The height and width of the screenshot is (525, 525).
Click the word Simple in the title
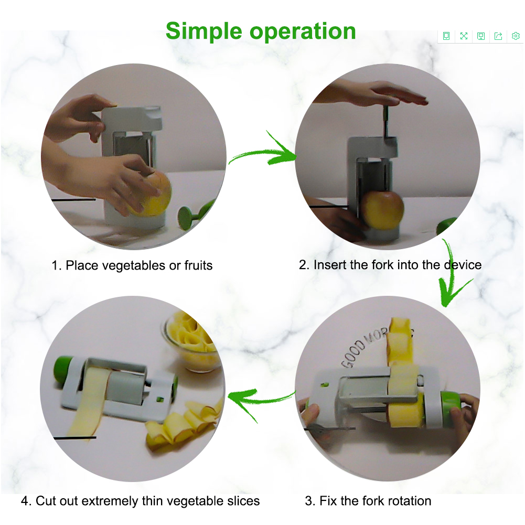pos(203,31)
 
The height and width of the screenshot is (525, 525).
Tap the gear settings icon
pos(516,36)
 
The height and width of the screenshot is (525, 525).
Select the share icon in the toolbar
pos(498,36)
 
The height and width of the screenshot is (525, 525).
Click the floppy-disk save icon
pos(481,36)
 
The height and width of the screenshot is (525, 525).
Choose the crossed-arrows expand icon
pos(464,36)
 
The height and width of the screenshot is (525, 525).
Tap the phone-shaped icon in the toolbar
pos(446,36)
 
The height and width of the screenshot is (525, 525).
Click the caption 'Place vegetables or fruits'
pos(139,265)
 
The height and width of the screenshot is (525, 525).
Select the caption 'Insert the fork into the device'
pos(398,265)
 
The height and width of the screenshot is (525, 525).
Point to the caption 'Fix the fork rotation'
pos(376,501)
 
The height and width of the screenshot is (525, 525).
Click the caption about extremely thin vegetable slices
pos(148,501)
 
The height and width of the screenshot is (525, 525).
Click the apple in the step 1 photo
pos(150,194)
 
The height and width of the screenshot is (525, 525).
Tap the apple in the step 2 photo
pos(382,210)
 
